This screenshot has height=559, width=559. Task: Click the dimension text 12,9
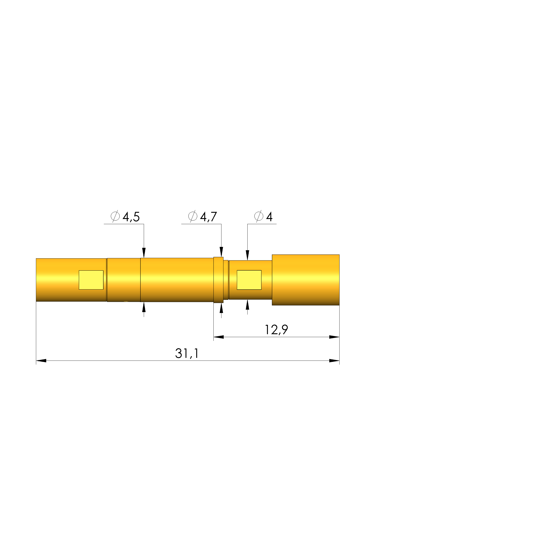[x=276, y=330]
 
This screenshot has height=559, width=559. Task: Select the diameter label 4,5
[x=131, y=217]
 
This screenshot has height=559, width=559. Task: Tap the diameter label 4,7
[x=208, y=217]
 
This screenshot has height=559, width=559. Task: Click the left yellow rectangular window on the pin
[x=91, y=280]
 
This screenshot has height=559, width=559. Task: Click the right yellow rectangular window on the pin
[x=249, y=280]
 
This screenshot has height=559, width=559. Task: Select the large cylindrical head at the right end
[x=306, y=280]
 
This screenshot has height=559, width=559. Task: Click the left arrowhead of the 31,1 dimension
[x=41, y=361]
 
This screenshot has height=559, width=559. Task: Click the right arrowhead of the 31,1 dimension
[x=334, y=361]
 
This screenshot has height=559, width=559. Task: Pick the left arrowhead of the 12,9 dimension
[x=219, y=337]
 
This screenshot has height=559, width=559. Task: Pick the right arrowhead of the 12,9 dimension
[x=334, y=337]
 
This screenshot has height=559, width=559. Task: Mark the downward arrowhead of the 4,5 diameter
[x=144, y=253]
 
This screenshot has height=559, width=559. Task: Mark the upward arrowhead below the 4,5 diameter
[x=144, y=307]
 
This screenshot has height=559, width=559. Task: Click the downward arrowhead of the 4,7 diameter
[x=221, y=252]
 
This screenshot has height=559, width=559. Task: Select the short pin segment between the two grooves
[x=124, y=280]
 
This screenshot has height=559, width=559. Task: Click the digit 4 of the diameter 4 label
[x=269, y=217]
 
